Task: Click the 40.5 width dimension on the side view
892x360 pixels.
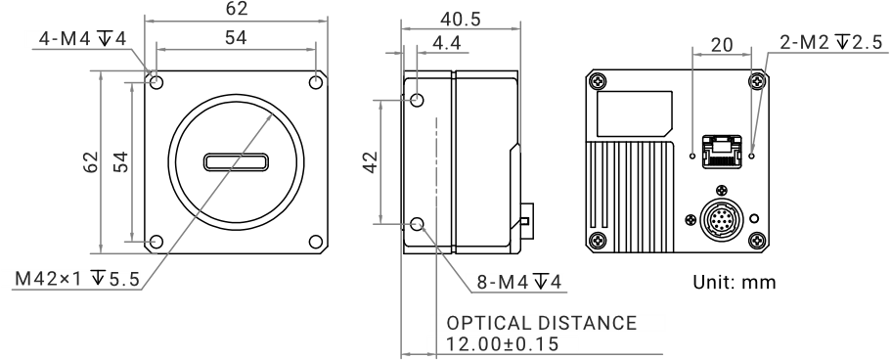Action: point(461,20)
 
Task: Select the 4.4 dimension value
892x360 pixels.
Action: point(447,43)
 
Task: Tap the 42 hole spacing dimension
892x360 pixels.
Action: point(371,162)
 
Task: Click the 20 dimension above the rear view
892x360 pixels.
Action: point(722,45)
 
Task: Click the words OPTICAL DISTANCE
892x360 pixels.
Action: point(542,323)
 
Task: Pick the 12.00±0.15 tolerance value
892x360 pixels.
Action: point(503,344)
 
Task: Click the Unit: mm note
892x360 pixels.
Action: point(734,282)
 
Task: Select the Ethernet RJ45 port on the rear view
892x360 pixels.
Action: point(722,152)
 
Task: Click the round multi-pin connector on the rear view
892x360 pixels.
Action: point(721,219)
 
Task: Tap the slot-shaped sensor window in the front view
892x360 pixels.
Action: point(236,162)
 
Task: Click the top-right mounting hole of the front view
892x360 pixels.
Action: point(316,82)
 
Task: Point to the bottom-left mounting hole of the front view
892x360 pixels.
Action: point(156,243)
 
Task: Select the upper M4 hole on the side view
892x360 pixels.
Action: point(418,100)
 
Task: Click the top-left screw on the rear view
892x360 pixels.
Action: point(597,82)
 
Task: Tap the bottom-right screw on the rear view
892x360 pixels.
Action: point(757,241)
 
